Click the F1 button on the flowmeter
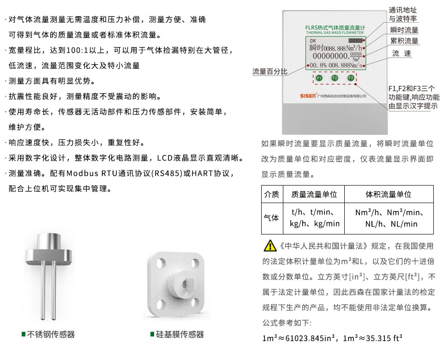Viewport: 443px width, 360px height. click(x=318, y=78)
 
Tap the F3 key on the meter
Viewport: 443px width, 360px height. click(x=351, y=78)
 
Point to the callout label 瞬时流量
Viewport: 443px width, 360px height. click(x=404, y=30)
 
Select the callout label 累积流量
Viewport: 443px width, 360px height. click(x=404, y=41)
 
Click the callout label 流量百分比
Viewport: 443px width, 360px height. click(x=269, y=72)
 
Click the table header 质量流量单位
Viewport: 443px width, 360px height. click(x=314, y=194)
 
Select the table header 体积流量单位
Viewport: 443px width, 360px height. click(x=388, y=194)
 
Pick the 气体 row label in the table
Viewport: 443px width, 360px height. click(x=271, y=217)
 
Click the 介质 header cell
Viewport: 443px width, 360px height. click(x=271, y=194)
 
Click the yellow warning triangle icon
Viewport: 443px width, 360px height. click(x=269, y=246)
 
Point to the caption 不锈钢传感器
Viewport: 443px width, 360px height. click(x=51, y=334)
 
